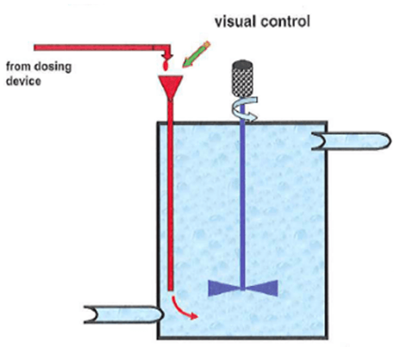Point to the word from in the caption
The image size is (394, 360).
point(18,65)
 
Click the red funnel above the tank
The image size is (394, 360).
point(173,86)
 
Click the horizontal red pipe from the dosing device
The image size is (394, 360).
point(95,46)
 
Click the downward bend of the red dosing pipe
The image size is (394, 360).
point(166,50)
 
